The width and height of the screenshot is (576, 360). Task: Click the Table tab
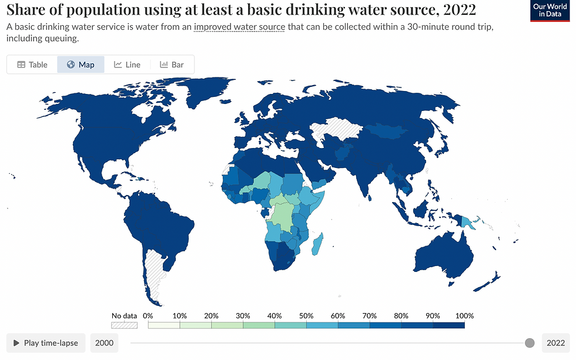(32, 65)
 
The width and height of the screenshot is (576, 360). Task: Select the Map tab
(81, 65)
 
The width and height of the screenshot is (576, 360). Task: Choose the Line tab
(127, 65)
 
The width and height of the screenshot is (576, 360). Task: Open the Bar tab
(172, 65)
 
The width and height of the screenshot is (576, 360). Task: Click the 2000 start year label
(105, 343)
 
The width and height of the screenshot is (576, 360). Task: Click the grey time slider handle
(530, 343)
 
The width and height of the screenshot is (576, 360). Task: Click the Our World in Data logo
(550, 11)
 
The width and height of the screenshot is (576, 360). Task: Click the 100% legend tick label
(464, 315)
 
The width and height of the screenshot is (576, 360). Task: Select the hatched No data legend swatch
(124, 324)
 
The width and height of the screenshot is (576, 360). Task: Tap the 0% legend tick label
(148, 315)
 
